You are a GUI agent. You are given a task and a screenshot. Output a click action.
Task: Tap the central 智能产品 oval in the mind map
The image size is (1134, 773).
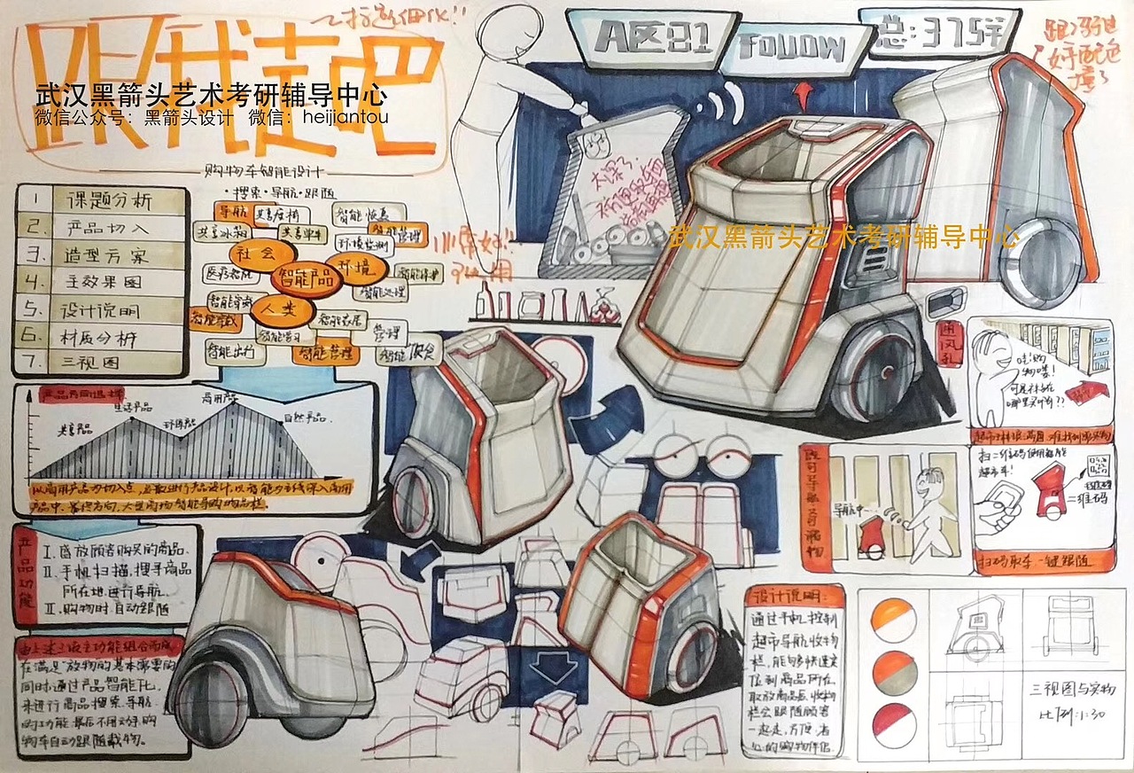pos(305,277)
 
